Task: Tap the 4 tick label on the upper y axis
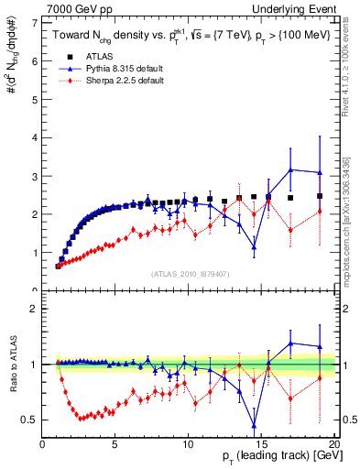(37, 137)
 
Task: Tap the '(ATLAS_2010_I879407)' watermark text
(189, 273)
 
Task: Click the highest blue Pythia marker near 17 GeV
(290, 169)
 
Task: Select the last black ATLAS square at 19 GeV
(320, 196)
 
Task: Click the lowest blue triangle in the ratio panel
(254, 424)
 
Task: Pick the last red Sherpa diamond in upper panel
(320, 212)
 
